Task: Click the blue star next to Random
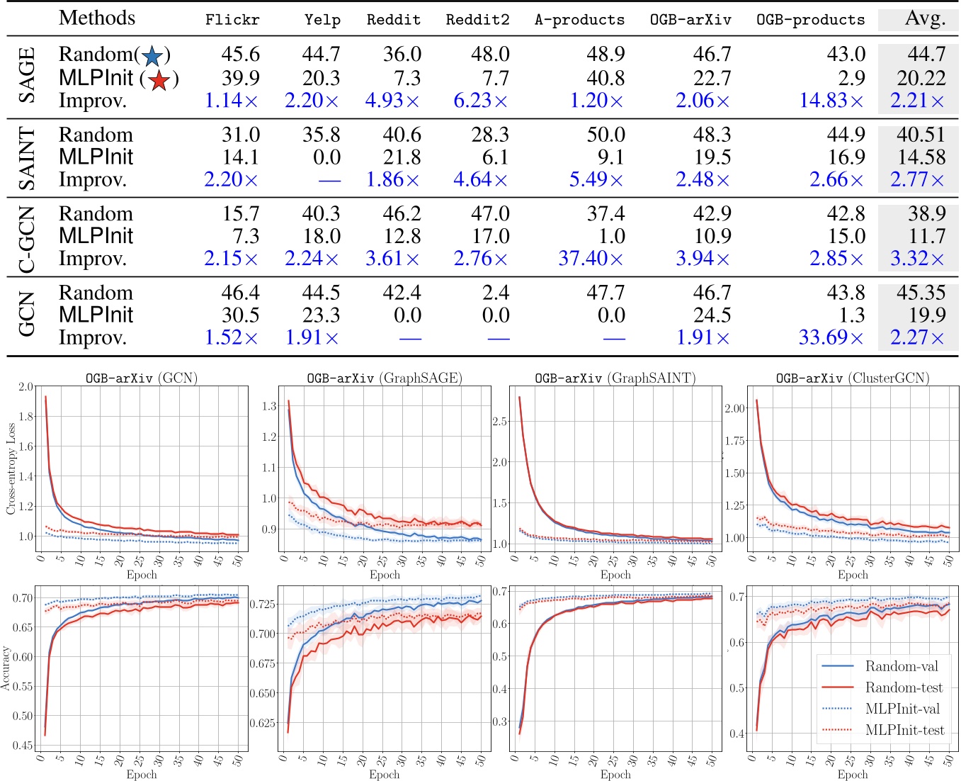coord(152,56)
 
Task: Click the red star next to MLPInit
coord(159,80)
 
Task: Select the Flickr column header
coord(232,20)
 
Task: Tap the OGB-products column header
coord(810,20)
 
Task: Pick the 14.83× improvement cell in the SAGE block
coord(831,101)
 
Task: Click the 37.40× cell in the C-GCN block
coord(591,259)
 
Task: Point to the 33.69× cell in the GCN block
coord(831,337)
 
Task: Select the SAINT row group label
coord(26,158)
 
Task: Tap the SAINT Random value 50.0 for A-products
coord(605,135)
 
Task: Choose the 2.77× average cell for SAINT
coord(917,179)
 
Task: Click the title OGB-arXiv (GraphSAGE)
coord(384,378)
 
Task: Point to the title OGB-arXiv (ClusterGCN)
coord(852,378)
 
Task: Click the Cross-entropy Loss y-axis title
coord(11,468)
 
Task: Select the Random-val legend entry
coord(901,666)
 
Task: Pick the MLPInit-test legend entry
coord(904,730)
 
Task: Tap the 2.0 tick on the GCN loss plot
coord(25,387)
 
